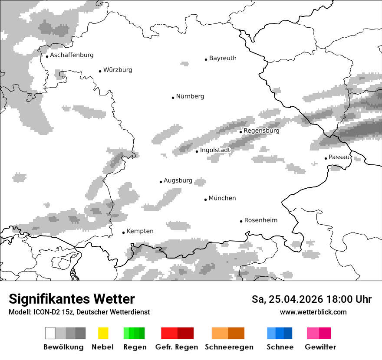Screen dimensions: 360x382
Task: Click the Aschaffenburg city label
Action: pos(72,55)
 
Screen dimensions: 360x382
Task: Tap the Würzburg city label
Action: pos(118,70)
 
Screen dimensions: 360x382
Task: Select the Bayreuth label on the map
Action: pos(223,58)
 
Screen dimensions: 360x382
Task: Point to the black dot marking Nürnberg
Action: pos(173,98)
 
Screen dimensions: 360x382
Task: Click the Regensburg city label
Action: pos(261,131)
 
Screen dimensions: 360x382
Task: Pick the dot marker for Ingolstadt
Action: pos(197,151)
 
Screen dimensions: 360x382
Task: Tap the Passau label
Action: pos(339,157)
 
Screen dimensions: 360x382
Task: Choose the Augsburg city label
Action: pos(178,180)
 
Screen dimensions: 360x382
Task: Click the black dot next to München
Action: pos(205,200)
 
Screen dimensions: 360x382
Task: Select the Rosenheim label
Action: pos(260,220)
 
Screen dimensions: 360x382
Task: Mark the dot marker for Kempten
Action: pos(123,232)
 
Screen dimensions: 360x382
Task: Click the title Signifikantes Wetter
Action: pos(72,299)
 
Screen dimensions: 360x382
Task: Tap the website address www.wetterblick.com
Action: pos(313,312)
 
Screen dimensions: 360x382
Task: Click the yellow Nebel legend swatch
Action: pos(103,333)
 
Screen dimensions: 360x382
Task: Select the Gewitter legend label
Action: pos(320,347)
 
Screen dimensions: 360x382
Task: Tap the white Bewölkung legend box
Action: pos(50,333)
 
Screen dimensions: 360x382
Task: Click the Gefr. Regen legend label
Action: pos(176,347)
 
